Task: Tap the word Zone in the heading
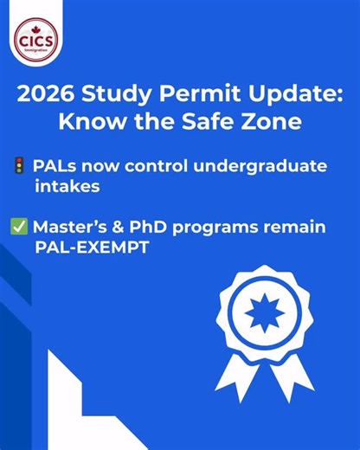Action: (x=269, y=122)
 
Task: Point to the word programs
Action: (x=217, y=228)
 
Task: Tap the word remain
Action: (x=296, y=228)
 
